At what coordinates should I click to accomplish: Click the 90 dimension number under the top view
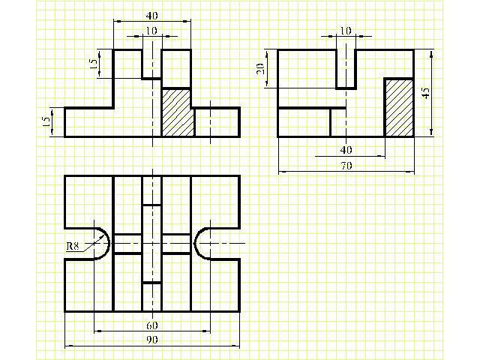(152, 340)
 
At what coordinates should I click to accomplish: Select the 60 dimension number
(152, 325)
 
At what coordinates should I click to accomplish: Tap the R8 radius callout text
(73, 246)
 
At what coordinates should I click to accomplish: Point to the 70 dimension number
(346, 166)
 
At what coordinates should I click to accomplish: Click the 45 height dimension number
(426, 93)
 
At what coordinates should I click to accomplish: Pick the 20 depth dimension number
(260, 69)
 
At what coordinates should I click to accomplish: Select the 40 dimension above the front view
(151, 16)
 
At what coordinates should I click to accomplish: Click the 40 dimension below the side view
(346, 150)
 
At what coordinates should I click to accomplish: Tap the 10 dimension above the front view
(151, 31)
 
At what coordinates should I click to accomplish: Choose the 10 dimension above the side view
(346, 31)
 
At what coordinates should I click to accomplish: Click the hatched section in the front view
(178, 112)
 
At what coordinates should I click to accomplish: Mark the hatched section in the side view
(399, 108)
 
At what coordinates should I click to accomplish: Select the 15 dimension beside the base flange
(46, 121)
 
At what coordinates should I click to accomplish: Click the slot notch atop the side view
(346, 69)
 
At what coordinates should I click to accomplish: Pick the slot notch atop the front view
(151, 64)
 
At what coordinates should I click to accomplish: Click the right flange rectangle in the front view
(217, 122)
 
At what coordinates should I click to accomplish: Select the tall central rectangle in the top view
(151, 244)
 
